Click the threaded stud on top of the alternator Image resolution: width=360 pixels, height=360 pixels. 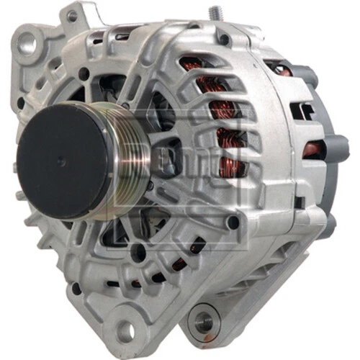[214, 14]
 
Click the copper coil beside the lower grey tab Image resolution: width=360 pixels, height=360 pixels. [311, 149]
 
